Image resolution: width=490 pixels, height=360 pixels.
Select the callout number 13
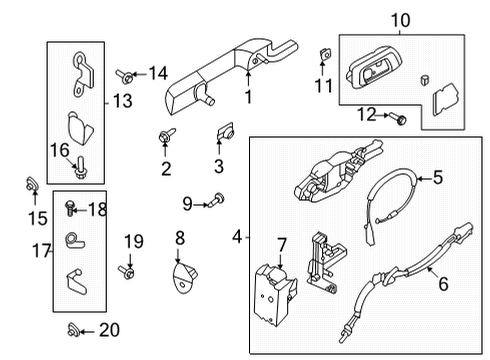123,101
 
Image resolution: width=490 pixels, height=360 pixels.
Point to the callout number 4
237,237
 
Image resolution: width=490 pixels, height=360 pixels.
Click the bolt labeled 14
123,73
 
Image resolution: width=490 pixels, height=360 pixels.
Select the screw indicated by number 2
165,136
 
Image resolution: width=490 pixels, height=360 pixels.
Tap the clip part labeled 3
224,132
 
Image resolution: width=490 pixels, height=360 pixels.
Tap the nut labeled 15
29,183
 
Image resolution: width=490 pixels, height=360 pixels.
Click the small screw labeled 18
70,208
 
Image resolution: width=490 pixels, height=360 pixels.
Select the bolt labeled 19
126,271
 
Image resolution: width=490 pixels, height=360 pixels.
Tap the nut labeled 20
73,329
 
